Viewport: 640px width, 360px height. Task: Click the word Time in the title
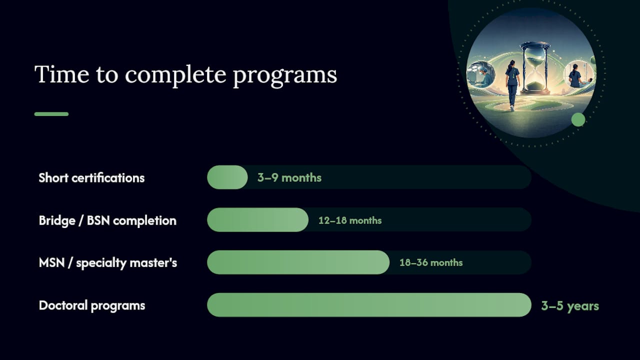(61, 74)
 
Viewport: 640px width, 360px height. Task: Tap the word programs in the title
(285, 75)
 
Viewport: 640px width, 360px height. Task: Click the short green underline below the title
(51, 114)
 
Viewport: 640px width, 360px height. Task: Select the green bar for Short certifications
(227, 177)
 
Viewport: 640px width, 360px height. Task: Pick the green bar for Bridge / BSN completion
(257, 219)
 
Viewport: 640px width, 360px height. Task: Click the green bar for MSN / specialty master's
(298, 262)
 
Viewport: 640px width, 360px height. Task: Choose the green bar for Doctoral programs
(369, 305)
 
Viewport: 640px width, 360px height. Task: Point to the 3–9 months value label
(289, 177)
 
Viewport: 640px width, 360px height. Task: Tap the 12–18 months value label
(350, 220)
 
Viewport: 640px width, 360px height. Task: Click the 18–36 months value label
(431, 262)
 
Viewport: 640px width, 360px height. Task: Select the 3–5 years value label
(570, 306)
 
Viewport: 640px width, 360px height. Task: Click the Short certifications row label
(91, 177)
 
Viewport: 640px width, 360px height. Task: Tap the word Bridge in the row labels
(57, 221)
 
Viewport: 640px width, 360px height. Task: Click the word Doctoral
(63, 305)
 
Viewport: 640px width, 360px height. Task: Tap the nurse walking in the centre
(511, 85)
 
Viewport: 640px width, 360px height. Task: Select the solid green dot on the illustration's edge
(578, 119)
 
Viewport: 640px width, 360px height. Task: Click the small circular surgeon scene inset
(481, 75)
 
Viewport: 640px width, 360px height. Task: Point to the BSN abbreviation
(98, 220)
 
